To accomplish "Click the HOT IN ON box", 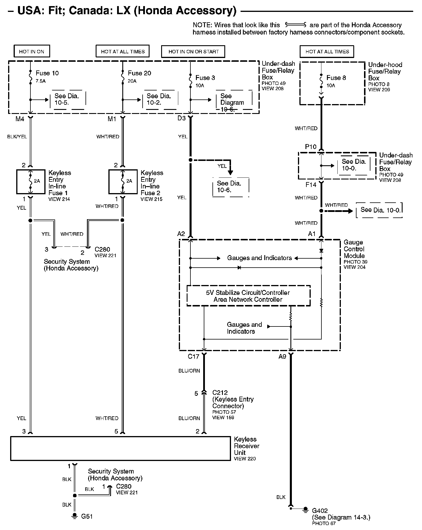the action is [x=32, y=51].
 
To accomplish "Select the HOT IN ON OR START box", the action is [x=193, y=51].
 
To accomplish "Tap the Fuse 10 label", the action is [x=47, y=73].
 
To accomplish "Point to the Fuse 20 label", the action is [x=139, y=73].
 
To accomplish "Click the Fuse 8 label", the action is [x=336, y=78].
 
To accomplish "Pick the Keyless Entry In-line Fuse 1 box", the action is [x=31, y=182].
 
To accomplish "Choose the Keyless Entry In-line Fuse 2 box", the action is [x=123, y=182].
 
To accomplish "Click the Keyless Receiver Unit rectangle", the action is [x=121, y=449].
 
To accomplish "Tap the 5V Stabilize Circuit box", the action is [x=248, y=296].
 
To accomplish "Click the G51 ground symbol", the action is [x=75, y=515].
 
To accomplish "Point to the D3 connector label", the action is [x=181, y=118].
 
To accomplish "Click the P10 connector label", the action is [x=311, y=147].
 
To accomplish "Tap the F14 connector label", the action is [x=311, y=184].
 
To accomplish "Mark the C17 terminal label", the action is [x=193, y=357].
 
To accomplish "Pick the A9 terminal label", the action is [x=282, y=357].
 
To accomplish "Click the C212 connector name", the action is [x=220, y=393].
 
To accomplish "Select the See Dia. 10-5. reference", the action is [x=67, y=99].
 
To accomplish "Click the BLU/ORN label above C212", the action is [x=189, y=371].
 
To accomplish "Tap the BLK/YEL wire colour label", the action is [x=17, y=137].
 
